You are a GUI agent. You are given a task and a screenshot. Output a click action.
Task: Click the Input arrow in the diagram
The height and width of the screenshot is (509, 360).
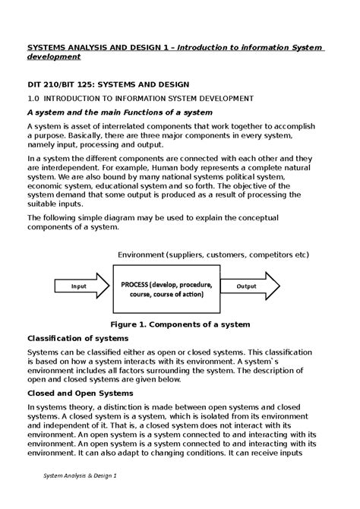pyautogui.click(x=76, y=286)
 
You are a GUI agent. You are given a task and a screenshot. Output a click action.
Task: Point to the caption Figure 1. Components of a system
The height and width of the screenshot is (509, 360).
pyautogui.click(x=179, y=324)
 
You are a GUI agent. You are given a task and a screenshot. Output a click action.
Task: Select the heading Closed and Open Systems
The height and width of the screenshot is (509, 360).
pyautogui.click(x=80, y=394)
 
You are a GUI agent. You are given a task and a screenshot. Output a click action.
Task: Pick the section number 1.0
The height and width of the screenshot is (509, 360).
pyautogui.click(x=33, y=99)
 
